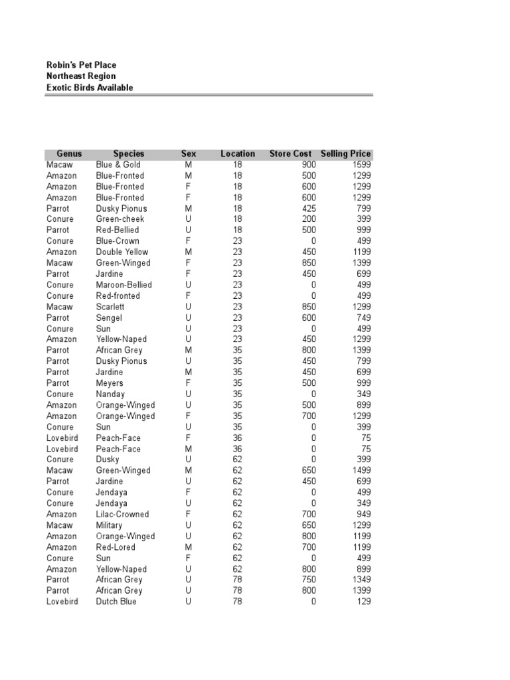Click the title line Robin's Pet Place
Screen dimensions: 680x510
(81, 65)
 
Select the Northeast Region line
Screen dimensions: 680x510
(80, 76)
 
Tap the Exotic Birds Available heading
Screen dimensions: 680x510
(89, 88)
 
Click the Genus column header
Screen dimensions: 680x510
(69, 154)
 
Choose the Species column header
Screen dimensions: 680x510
(128, 154)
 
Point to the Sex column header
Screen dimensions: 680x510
(189, 154)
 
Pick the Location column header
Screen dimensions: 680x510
(238, 154)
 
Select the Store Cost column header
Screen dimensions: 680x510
(290, 154)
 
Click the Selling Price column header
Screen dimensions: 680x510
(345, 154)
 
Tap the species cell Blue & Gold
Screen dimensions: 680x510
(118, 165)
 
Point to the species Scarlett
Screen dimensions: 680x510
(110, 307)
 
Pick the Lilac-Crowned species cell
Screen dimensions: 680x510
(122, 514)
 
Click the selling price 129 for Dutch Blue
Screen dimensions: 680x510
(363, 602)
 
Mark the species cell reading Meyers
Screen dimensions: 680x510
(110, 383)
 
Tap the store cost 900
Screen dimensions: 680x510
(309, 165)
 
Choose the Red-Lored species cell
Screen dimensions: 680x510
(115, 547)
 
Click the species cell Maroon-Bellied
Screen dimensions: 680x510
(124, 285)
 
